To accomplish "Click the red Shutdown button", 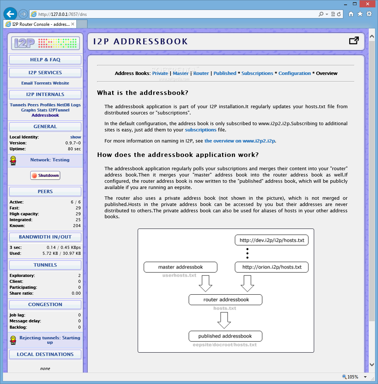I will click(45, 175).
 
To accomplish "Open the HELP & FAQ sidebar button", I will click(45, 60).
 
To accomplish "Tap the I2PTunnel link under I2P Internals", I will click(59, 110).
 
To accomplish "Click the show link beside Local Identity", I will click(76, 137).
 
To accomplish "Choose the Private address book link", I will click(160, 73).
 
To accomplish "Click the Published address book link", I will click(225, 73).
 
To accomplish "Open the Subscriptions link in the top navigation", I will click(257, 73).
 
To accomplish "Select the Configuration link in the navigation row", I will click(295, 73).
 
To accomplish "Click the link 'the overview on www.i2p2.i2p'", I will click(240, 141).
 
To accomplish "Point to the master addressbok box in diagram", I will click(181, 267).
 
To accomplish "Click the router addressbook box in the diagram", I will click(226, 299).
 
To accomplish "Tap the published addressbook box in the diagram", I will click(226, 336).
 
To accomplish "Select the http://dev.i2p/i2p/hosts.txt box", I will click(272, 240).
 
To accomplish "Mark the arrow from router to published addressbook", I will click(224, 320).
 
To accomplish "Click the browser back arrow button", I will click(10, 14).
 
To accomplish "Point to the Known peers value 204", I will click(77, 226).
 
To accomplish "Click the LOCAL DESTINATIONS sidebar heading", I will click(45, 354).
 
